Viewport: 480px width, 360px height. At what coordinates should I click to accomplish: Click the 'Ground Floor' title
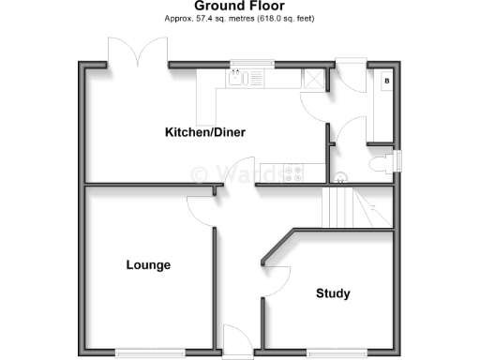239,7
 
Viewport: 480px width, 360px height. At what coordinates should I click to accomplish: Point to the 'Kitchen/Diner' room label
205,132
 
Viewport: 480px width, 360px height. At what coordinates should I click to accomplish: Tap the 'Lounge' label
148,265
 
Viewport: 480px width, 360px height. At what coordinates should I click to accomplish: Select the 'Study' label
333,293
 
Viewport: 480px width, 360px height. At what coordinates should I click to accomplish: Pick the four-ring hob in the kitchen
294,172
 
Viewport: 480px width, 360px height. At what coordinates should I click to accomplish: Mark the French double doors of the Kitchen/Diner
138,52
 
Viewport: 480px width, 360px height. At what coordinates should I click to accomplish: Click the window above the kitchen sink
253,63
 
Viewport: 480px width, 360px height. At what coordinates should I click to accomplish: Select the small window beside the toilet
399,162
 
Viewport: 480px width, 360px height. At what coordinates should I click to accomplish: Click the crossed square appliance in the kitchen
319,79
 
